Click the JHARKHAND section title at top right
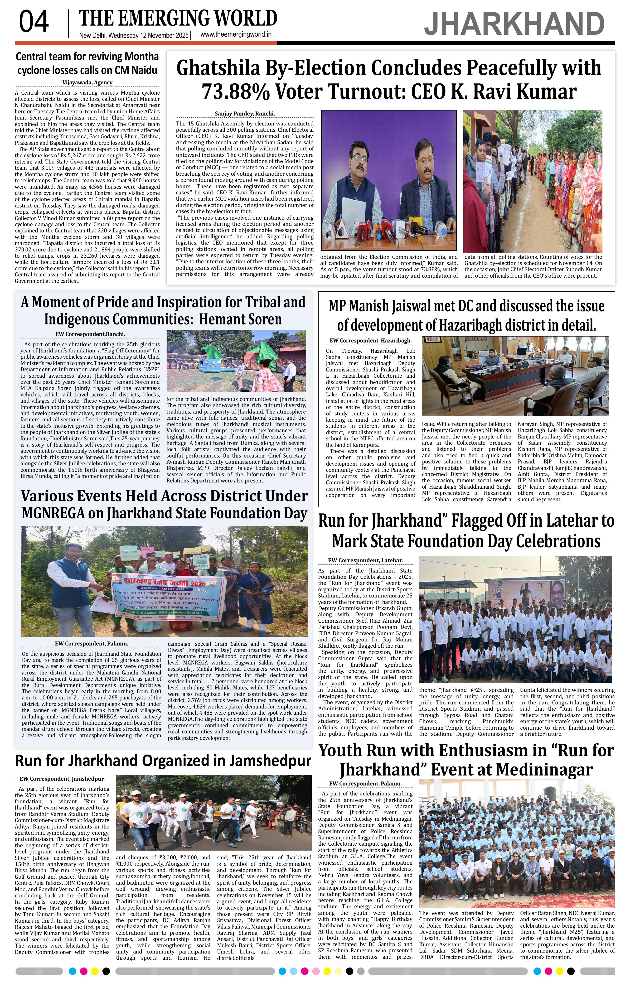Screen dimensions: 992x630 tap(514, 24)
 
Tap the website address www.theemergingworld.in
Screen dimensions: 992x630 tap(236, 35)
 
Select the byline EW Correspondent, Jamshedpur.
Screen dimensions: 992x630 tap(62, 779)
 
